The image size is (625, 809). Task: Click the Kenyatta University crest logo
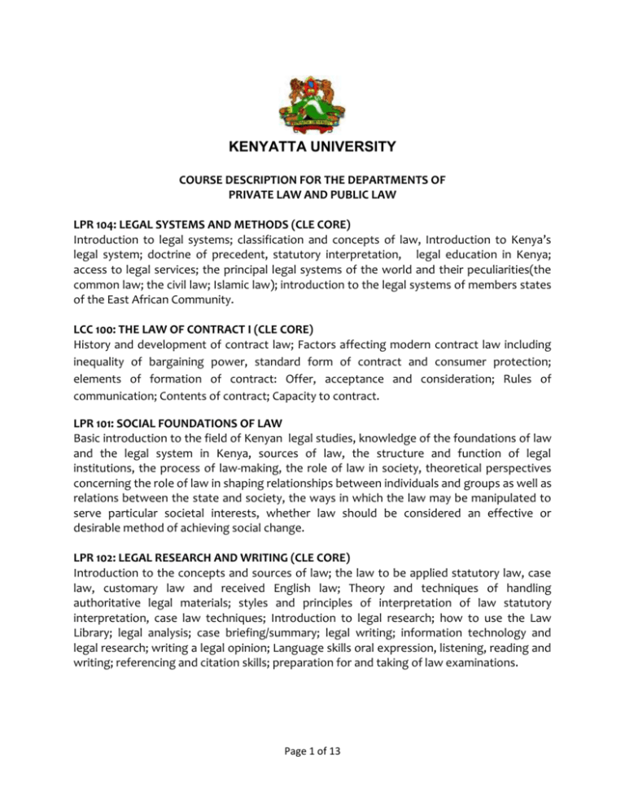click(312, 106)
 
